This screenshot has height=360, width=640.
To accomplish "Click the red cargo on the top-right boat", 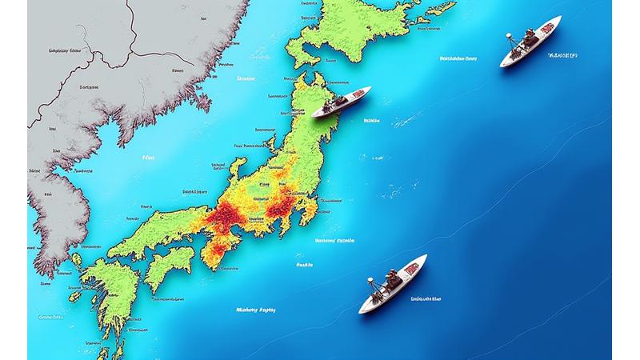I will (x=547, y=30).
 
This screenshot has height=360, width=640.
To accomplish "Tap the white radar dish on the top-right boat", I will (x=509, y=36).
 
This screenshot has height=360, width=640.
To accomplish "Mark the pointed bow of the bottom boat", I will (x=425, y=257).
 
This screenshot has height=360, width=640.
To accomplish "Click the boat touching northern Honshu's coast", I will (x=341, y=102).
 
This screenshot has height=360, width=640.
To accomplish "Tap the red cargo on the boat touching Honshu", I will (x=358, y=94).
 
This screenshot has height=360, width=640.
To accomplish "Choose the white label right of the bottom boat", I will (x=426, y=299).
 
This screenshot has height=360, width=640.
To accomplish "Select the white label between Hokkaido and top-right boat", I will (x=459, y=58).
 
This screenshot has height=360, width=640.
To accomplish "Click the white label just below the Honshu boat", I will (x=371, y=121).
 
